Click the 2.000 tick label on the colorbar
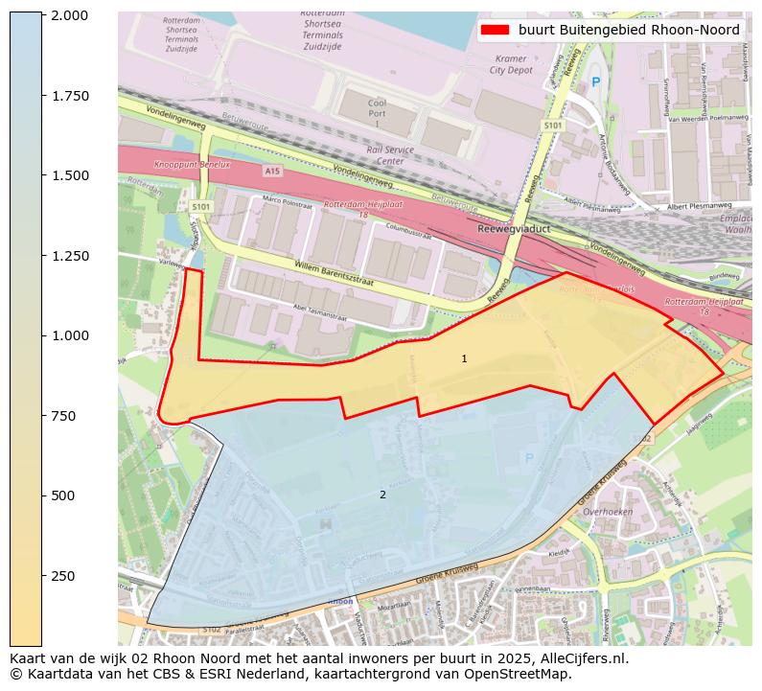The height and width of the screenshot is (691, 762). tap(70, 15)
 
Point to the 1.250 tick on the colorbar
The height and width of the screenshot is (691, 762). tap(70, 256)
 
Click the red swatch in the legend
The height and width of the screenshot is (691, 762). tap(494, 30)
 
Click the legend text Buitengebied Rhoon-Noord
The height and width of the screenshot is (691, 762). tap(629, 30)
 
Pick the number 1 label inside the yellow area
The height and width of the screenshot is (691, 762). tap(464, 358)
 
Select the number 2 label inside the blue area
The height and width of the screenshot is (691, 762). tap(382, 495)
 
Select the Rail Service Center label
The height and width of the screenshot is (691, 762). tap(390, 154)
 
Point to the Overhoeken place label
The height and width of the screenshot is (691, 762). tap(607, 512)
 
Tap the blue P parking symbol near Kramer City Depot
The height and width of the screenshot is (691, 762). tap(595, 82)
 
